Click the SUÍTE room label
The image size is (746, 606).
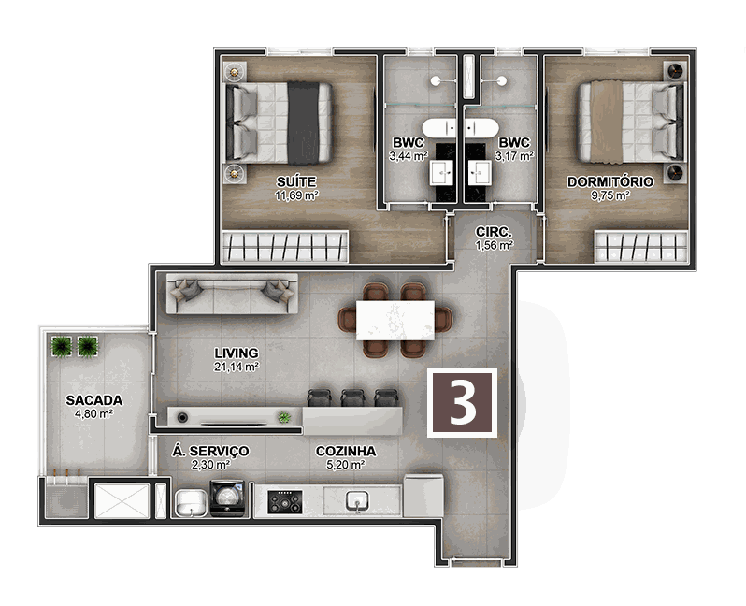coord(296,181)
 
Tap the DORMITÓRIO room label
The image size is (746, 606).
coord(610,181)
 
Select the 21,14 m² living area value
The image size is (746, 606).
coord(236,367)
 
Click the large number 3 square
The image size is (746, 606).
coord(462,402)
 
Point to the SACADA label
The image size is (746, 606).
coord(94,400)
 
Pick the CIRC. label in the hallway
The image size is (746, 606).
coord(494,232)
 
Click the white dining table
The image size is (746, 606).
coord(395,320)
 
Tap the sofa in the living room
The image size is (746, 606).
coord(232,294)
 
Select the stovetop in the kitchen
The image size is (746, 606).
coord(285,502)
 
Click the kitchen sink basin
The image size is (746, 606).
coord(357,501)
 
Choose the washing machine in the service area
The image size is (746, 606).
coord(227,498)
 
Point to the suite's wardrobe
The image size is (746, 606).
coord(285,246)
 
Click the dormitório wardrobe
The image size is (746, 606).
coord(641,247)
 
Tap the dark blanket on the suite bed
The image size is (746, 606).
coord(303,123)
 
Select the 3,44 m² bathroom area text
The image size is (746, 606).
coord(408,155)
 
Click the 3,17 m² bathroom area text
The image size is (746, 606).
coord(514,155)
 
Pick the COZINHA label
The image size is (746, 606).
coord(346,451)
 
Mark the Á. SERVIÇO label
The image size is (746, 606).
coord(210,451)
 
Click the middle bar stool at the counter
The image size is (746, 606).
coord(352,397)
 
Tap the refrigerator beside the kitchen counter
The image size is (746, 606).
coord(423,495)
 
